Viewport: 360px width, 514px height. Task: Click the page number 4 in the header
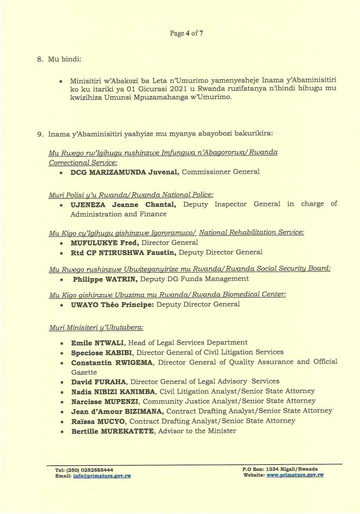coord(187,34)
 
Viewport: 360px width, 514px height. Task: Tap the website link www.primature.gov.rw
coord(295,475)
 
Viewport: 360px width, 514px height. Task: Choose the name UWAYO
coord(84,304)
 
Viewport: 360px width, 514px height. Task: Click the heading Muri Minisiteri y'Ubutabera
coord(96,327)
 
